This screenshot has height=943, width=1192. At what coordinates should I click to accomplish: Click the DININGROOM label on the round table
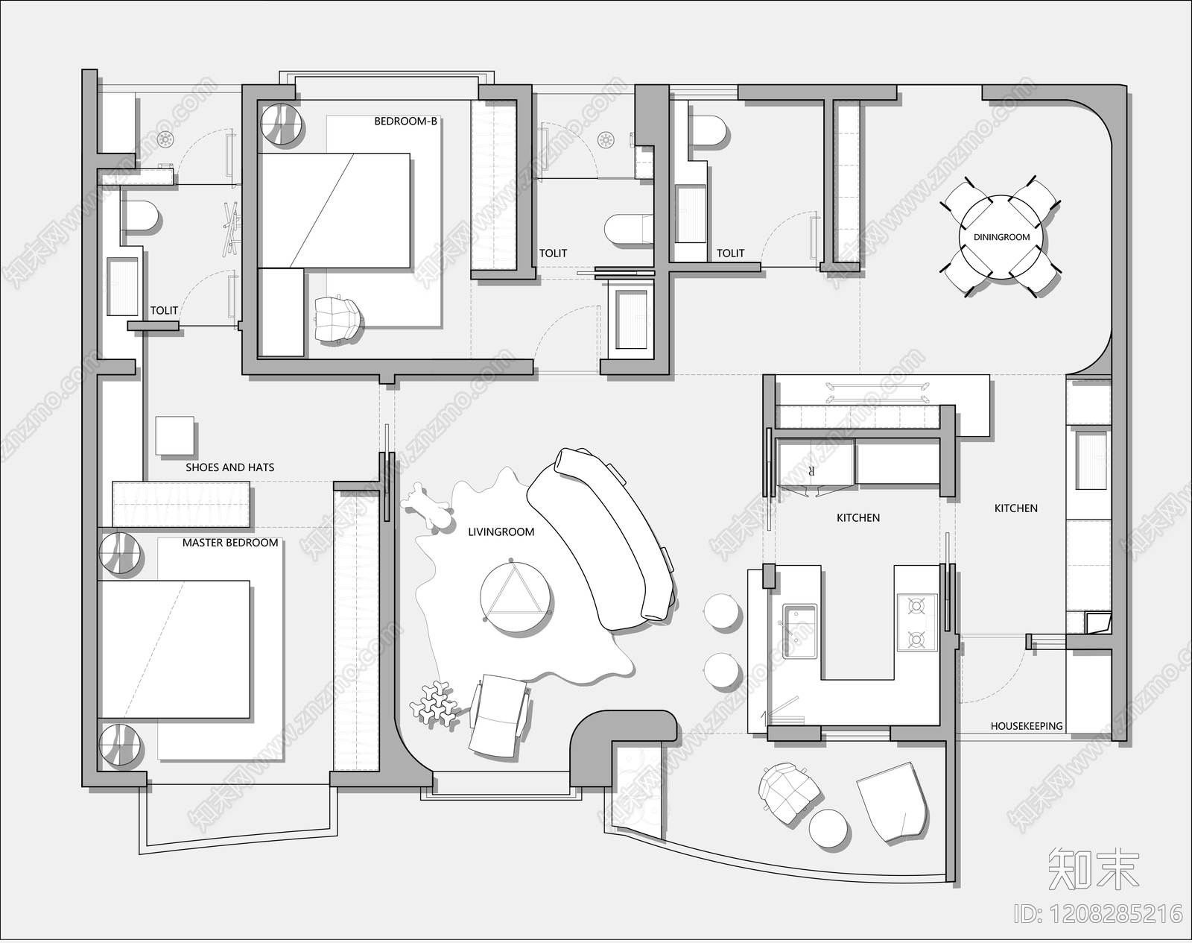(x=1001, y=237)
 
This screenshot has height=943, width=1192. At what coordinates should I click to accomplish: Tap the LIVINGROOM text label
(x=501, y=532)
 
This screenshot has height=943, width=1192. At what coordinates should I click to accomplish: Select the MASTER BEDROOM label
(x=230, y=543)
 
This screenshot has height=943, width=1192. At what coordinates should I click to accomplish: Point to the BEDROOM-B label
(x=405, y=121)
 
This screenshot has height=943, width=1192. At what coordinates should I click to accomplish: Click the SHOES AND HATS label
(x=230, y=468)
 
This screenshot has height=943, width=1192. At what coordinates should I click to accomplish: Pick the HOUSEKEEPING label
(x=1027, y=725)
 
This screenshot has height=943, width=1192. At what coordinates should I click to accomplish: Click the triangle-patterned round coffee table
(x=515, y=596)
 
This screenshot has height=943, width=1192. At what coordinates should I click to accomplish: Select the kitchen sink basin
(x=799, y=631)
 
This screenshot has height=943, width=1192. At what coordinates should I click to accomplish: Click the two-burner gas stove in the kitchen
(x=916, y=622)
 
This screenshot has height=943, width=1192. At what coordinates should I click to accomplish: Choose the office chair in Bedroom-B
(x=337, y=318)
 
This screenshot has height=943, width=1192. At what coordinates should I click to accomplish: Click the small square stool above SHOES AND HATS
(x=175, y=436)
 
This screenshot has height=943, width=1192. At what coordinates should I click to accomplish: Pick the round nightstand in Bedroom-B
(x=282, y=124)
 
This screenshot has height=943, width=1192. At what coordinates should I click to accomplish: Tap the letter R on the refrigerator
(x=812, y=471)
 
